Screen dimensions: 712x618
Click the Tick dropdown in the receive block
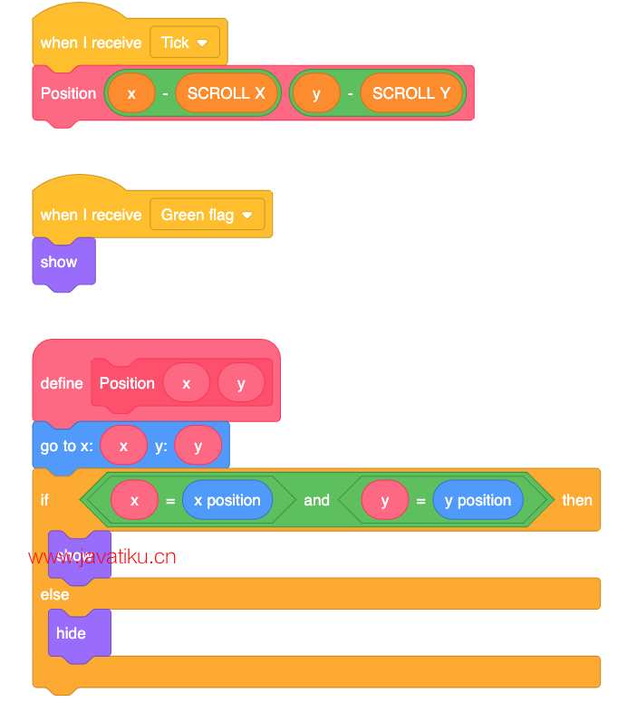point(185,43)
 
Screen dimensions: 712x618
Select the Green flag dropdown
point(207,215)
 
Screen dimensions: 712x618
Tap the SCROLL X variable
point(227,93)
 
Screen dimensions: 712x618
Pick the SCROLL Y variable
point(411,93)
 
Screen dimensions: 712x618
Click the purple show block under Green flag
point(59,262)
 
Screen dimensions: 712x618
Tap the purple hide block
point(71,633)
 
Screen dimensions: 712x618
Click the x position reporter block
point(227,500)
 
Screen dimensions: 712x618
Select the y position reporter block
point(478,500)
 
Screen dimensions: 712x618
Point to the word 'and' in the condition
point(317,500)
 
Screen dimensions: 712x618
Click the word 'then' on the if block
point(576,500)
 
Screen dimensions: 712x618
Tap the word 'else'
point(54,594)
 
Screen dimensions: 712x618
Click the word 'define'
point(62,383)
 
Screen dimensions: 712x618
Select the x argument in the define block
point(186,383)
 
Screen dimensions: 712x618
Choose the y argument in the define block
point(241,383)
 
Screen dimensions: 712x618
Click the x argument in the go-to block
point(123,446)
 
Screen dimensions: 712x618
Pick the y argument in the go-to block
point(198,446)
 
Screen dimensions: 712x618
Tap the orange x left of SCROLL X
point(131,93)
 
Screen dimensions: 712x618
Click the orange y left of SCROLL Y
point(315,93)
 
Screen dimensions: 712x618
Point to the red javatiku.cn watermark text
point(102,556)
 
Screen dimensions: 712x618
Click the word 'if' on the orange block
point(44,500)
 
